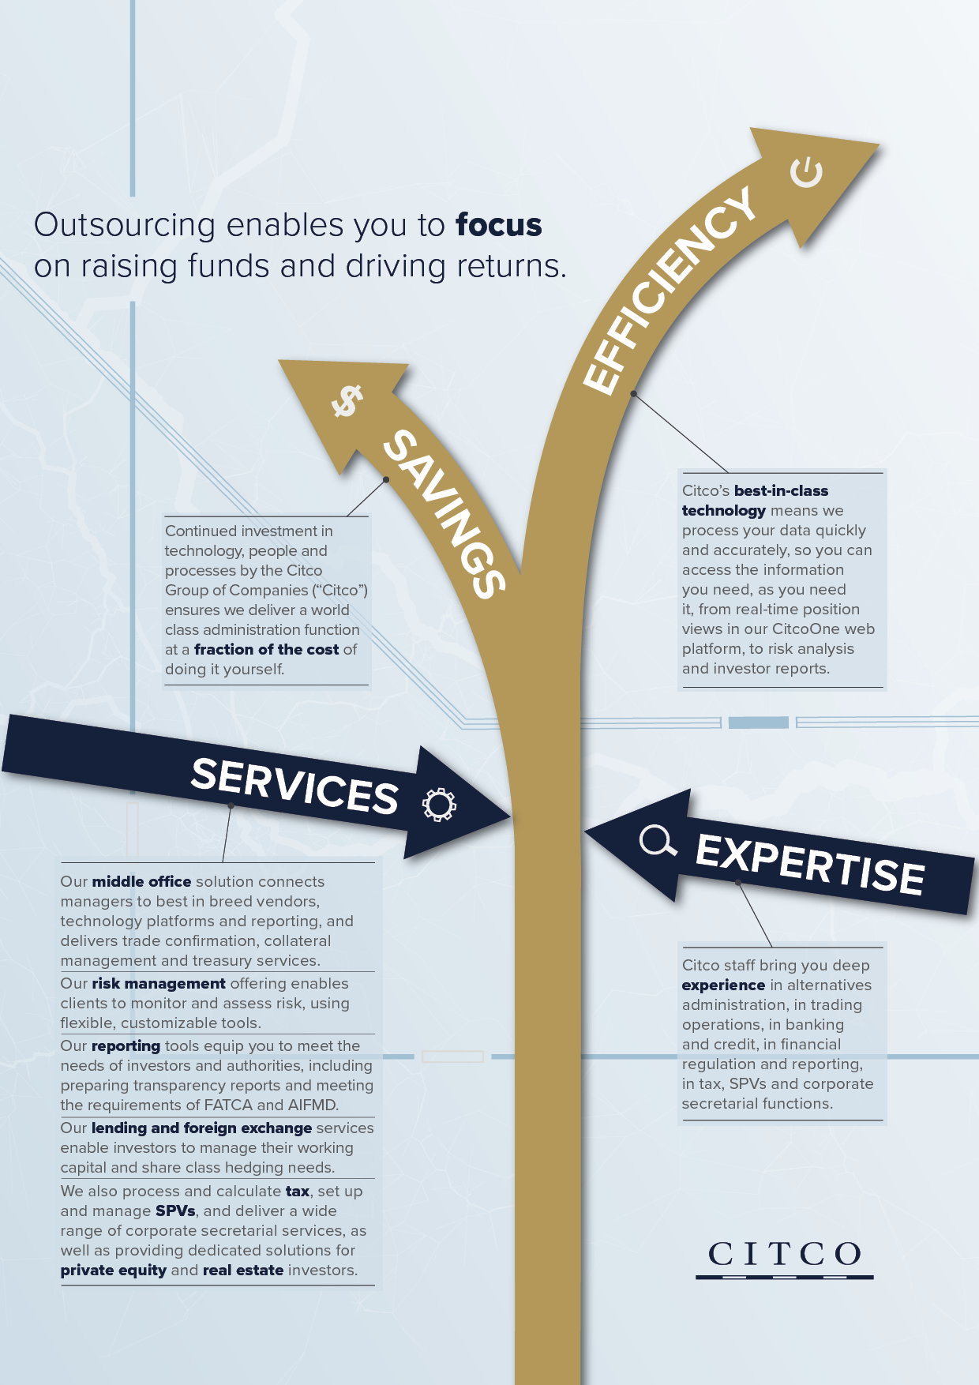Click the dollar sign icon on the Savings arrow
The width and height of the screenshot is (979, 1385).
[347, 400]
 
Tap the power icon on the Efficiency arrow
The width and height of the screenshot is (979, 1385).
[806, 172]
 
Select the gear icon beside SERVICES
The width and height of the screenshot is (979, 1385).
[439, 805]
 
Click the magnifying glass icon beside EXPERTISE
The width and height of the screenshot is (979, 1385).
[657, 841]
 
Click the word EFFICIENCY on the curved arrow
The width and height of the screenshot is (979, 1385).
[670, 291]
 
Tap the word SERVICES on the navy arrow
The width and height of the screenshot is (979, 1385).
[294, 786]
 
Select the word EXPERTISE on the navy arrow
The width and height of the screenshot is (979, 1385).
[809, 864]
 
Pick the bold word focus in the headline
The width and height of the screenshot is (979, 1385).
[499, 225]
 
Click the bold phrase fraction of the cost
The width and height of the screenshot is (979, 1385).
[266, 649]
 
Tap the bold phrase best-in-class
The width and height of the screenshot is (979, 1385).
[781, 490]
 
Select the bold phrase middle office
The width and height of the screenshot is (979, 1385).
[141, 881]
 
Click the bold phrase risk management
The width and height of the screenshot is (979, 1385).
[158, 983]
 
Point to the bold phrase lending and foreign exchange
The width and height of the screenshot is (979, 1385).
[201, 1128]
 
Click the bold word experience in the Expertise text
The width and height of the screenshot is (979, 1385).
[723, 985]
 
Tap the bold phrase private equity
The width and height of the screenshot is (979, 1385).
[113, 1270]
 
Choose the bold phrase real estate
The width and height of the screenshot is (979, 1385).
[242, 1270]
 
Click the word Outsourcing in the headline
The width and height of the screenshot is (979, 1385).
[125, 225]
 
